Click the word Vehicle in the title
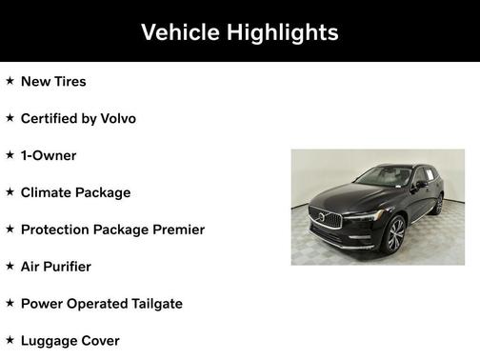tap(180, 32)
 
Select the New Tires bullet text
tap(53, 81)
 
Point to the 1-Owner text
tap(49, 155)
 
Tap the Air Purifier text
tap(56, 267)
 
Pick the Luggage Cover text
tap(70, 340)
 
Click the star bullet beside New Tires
tap(10, 81)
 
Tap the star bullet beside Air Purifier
tap(10, 267)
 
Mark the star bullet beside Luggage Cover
tap(10, 340)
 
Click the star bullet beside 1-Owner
tap(10, 155)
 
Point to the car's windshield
tap(383, 177)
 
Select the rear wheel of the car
tap(438, 204)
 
